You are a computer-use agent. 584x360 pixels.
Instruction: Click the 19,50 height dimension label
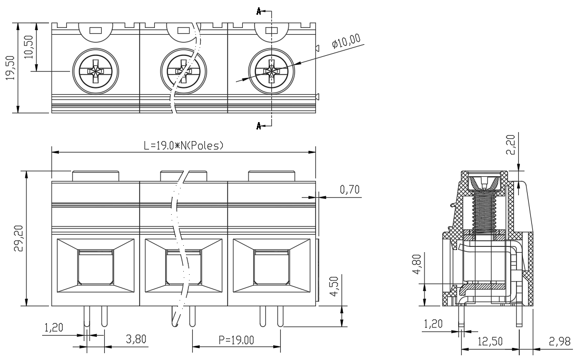(x=10, y=68)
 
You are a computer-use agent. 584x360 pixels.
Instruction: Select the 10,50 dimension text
(x=28, y=47)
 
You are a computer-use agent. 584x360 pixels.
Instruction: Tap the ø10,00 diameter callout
(x=347, y=41)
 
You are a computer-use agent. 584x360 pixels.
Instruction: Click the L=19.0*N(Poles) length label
(x=184, y=145)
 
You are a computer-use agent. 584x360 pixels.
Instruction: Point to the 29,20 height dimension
(x=19, y=238)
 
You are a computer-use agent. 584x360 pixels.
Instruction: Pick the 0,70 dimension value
(x=350, y=190)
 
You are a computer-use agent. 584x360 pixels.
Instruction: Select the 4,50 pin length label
(x=334, y=286)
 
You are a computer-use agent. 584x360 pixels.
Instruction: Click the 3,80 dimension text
(x=136, y=339)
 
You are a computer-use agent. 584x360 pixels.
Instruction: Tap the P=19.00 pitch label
(x=236, y=340)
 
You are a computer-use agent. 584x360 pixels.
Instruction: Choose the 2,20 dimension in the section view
(x=511, y=145)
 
